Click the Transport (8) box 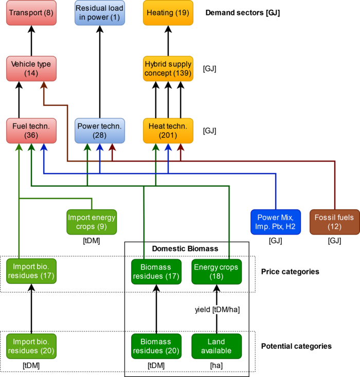(31, 13)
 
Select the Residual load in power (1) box (100, 13)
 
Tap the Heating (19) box (168, 13)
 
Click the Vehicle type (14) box (31, 68)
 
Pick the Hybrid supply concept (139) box (168, 68)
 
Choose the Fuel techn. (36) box (31, 131)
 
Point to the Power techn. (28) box (100, 131)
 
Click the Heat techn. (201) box (168, 131)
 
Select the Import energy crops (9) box (92, 222)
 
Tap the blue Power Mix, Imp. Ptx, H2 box (276, 222)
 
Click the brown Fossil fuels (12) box (335, 222)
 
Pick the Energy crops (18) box (217, 272)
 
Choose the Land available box (217, 346)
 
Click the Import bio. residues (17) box (31, 271)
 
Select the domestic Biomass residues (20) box (156, 346)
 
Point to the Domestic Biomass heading (185, 248)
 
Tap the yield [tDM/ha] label (218, 310)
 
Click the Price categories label (290, 272)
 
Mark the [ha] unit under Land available (217, 366)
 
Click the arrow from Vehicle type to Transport (31, 41)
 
